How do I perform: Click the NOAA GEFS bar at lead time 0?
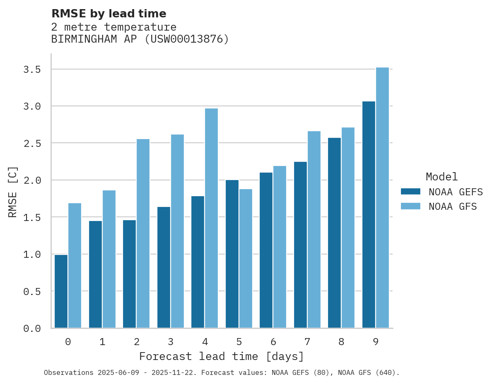[x=61, y=291]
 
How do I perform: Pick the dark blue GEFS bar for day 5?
[x=232, y=254]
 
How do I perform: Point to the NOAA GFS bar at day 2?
[x=143, y=233]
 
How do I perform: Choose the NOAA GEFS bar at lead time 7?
[x=300, y=245]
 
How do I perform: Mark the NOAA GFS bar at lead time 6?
[x=280, y=247]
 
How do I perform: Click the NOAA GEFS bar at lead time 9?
[x=369, y=215]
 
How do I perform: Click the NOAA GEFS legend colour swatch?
[x=410, y=192]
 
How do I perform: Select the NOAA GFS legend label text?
[x=453, y=206]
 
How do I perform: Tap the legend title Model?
[x=441, y=177]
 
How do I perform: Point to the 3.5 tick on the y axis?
[x=32, y=70]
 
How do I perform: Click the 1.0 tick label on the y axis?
[x=32, y=254]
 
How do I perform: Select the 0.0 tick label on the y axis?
[x=32, y=329]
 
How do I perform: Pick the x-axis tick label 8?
[x=341, y=342]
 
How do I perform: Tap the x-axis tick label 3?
[x=170, y=342]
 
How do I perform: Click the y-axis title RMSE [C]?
[x=13, y=192]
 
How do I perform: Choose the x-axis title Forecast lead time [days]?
[x=222, y=356]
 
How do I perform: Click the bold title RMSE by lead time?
[x=109, y=14]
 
